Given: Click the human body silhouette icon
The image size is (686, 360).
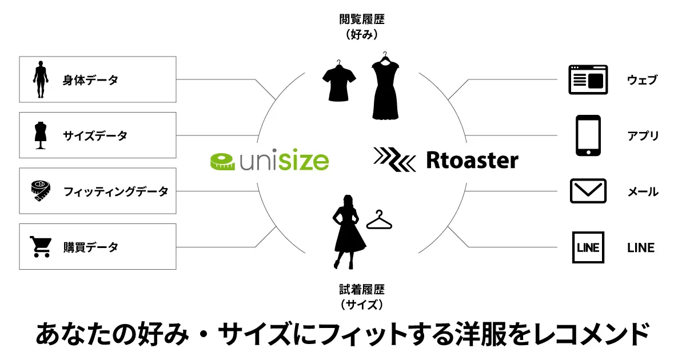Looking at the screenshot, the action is [x=41, y=79].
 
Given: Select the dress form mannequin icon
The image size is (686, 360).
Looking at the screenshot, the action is [x=41, y=135].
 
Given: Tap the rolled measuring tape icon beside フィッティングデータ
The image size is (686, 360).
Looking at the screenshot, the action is [x=41, y=191].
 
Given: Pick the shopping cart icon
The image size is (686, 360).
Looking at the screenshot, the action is [x=41, y=247].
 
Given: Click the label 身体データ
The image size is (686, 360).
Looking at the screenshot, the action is [x=90, y=80].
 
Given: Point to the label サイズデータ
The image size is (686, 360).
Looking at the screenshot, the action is [x=95, y=135].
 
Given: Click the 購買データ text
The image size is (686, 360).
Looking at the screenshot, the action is [x=91, y=247].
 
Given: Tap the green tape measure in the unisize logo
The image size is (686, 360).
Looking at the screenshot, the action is [x=222, y=161].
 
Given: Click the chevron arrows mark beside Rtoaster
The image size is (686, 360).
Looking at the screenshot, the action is [x=394, y=159].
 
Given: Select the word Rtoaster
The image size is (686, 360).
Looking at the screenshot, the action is [x=472, y=160].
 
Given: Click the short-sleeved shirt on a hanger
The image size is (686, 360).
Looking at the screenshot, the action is [x=339, y=81].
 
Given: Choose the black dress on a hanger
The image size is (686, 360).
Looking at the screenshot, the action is [x=385, y=86].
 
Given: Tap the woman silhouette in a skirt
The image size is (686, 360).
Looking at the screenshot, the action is [x=349, y=232].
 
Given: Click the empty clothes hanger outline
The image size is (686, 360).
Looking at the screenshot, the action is [x=379, y=219].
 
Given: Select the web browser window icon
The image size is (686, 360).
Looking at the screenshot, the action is [x=588, y=79].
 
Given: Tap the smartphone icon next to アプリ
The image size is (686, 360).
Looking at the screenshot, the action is [x=588, y=135].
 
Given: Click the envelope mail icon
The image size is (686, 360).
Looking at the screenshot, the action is [x=588, y=191].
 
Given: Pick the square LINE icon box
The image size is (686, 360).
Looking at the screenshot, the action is [x=588, y=247].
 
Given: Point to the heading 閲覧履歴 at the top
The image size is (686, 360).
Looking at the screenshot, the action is [x=362, y=19].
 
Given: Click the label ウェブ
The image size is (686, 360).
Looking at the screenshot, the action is [x=642, y=80].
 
